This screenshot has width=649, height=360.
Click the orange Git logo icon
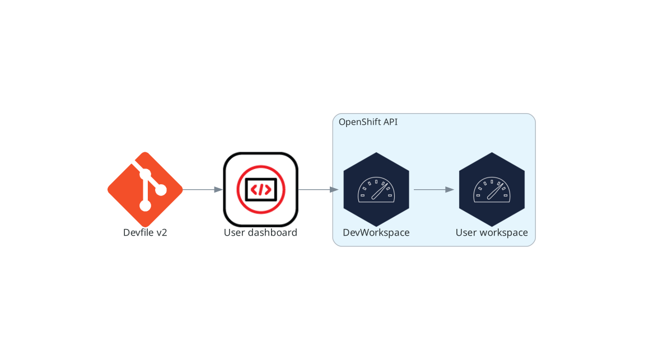coord(145,189)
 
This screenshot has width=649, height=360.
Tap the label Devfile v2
coord(145,232)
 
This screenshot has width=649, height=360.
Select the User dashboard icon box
coord(260,189)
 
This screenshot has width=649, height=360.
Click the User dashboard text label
coord(260,232)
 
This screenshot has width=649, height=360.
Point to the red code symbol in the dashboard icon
coord(260,190)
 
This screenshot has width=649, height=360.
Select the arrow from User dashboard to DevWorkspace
coord(318,189)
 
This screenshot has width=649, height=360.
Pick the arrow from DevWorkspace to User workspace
coord(433,189)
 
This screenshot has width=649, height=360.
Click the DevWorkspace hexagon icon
coord(376,189)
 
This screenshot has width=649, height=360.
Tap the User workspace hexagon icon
coord(492,189)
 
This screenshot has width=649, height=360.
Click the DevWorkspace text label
coord(376,232)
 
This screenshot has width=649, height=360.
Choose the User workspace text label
coord(492,232)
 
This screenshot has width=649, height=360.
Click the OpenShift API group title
coord(368,122)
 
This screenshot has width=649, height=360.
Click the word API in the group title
coord(390,122)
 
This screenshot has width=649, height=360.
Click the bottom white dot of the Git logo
coord(145,205)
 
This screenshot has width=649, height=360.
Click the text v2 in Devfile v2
coord(161,232)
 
